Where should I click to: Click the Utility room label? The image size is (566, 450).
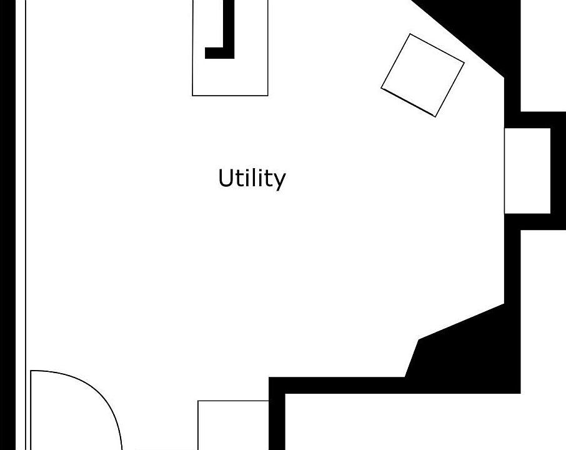tap(252, 178)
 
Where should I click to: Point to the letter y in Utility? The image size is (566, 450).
tap(279, 181)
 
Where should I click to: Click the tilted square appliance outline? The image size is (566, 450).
tap(423, 76)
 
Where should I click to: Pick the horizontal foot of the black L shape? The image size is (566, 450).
tap(219, 52)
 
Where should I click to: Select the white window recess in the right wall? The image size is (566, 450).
tap(527, 171)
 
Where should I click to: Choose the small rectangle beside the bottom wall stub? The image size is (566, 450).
tap(233, 425)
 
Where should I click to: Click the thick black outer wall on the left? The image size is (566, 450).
tap(8, 225)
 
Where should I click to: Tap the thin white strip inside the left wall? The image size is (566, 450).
tap(21, 225)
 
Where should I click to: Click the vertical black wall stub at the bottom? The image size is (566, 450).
tap(277, 421)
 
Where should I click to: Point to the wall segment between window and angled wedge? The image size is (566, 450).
tap(512, 266)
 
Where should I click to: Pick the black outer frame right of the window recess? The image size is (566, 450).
tap(558, 171)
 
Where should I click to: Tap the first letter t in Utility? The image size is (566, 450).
tap(239, 179)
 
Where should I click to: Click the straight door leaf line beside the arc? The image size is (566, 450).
tap(31, 410)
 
